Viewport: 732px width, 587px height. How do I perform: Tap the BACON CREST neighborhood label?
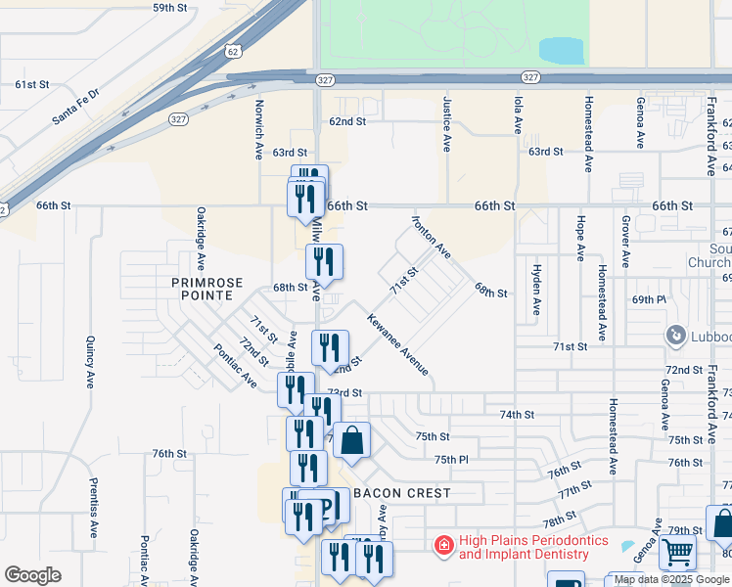coord(402,493)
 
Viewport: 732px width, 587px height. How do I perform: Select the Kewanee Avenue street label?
coord(398,343)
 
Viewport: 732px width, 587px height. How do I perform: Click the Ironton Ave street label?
coord(431,238)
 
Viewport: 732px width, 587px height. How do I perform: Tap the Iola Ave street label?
coord(518,114)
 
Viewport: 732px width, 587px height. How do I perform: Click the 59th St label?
coord(169,7)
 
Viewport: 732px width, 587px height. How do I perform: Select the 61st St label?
coord(32,85)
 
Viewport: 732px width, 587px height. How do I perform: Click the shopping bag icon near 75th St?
coord(352,441)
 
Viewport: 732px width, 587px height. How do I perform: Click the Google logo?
coord(32,575)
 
